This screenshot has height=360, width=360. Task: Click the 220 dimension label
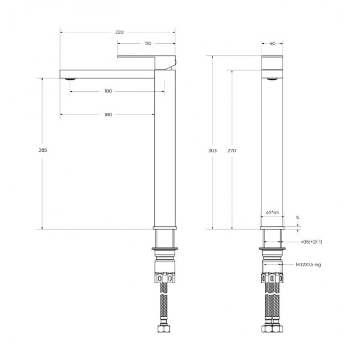(119, 32)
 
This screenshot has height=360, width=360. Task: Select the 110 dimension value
(148, 43)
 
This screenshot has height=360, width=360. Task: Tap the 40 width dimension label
(272, 43)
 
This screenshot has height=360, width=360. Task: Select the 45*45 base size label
(272, 212)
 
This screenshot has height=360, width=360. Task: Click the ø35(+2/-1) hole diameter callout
(311, 242)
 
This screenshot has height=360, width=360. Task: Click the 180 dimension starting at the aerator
(108, 91)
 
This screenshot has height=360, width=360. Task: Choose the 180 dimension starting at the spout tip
(108, 115)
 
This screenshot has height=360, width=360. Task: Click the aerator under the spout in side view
(71, 79)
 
